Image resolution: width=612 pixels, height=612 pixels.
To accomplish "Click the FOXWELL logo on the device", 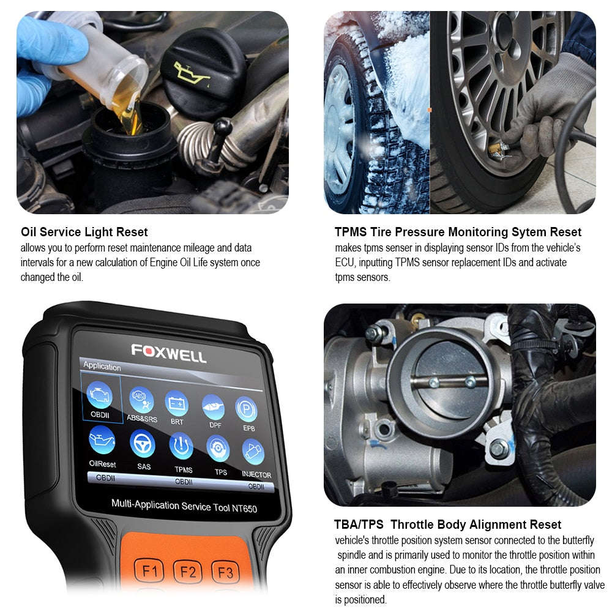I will pos(169,353).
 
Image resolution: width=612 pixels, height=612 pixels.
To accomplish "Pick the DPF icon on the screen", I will pos(212,406).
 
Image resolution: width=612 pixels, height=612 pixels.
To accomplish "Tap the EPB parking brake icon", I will pos(247,409).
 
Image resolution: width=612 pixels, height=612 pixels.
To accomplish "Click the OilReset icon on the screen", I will pos(101,441).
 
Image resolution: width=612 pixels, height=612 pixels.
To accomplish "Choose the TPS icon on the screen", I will pos(218,449).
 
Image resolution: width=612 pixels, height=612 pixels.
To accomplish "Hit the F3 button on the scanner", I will pos(225,573).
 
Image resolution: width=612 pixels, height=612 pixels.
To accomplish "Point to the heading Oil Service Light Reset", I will pos(84,232).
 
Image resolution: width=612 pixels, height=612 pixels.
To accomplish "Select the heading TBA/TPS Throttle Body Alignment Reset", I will pos(447,524).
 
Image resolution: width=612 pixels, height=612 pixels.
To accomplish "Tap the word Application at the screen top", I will pos(102,367).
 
